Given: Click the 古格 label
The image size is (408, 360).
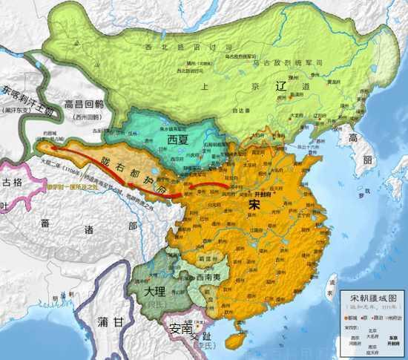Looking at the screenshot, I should pos(12,181).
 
